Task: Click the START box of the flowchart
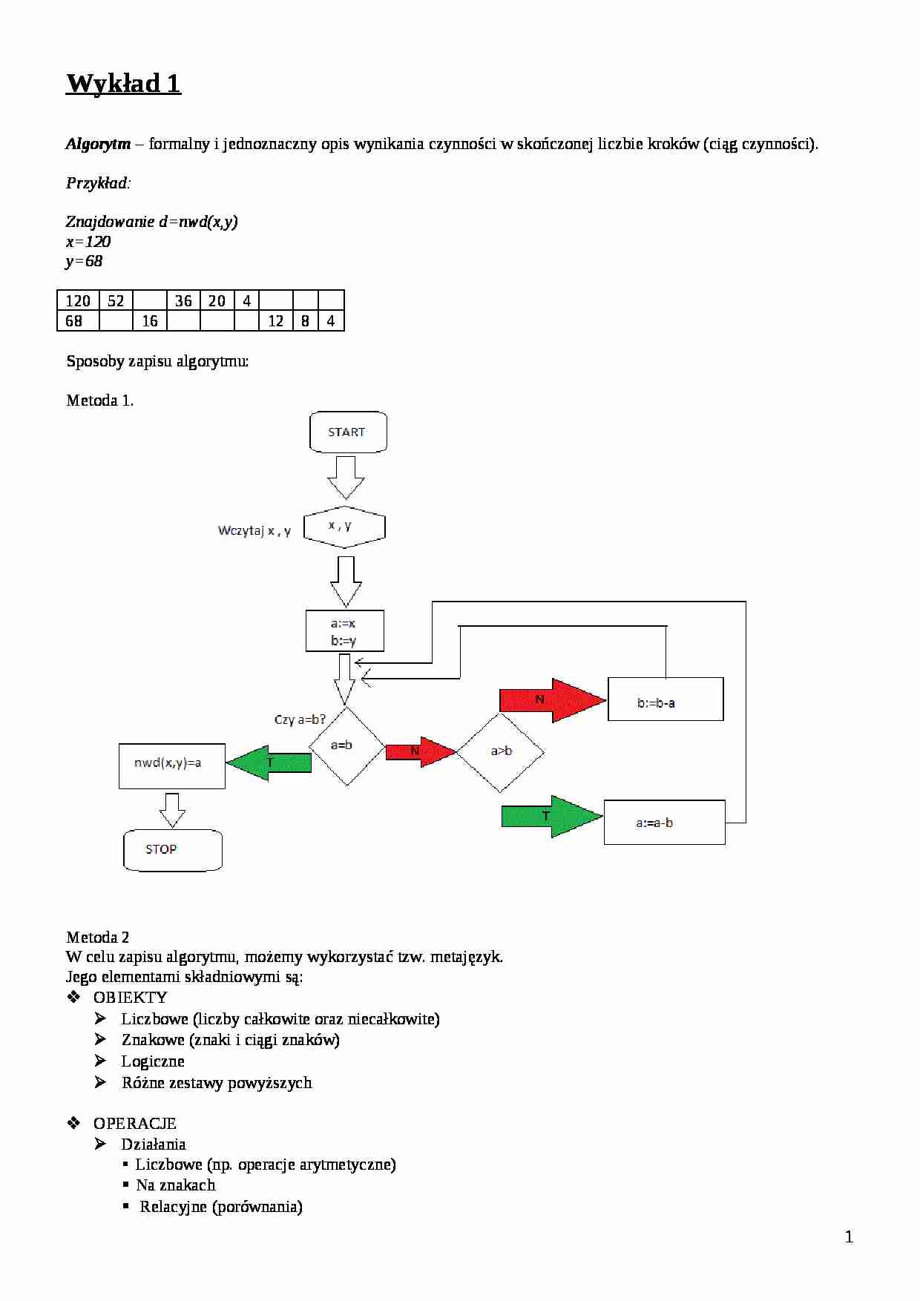click(x=347, y=432)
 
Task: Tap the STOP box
click(x=172, y=849)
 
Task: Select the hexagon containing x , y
click(x=344, y=527)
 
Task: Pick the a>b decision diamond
click(x=501, y=751)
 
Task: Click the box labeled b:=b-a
click(x=665, y=699)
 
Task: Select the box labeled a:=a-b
click(x=664, y=822)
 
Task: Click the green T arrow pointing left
click(x=269, y=763)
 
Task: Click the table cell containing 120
click(x=78, y=300)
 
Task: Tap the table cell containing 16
click(x=150, y=320)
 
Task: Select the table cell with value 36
click(x=183, y=300)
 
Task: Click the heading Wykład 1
click(x=124, y=82)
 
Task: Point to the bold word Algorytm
click(x=98, y=144)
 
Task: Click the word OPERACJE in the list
click(x=134, y=1123)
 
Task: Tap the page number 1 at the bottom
click(x=850, y=1236)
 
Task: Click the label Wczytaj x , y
click(x=254, y=530)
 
